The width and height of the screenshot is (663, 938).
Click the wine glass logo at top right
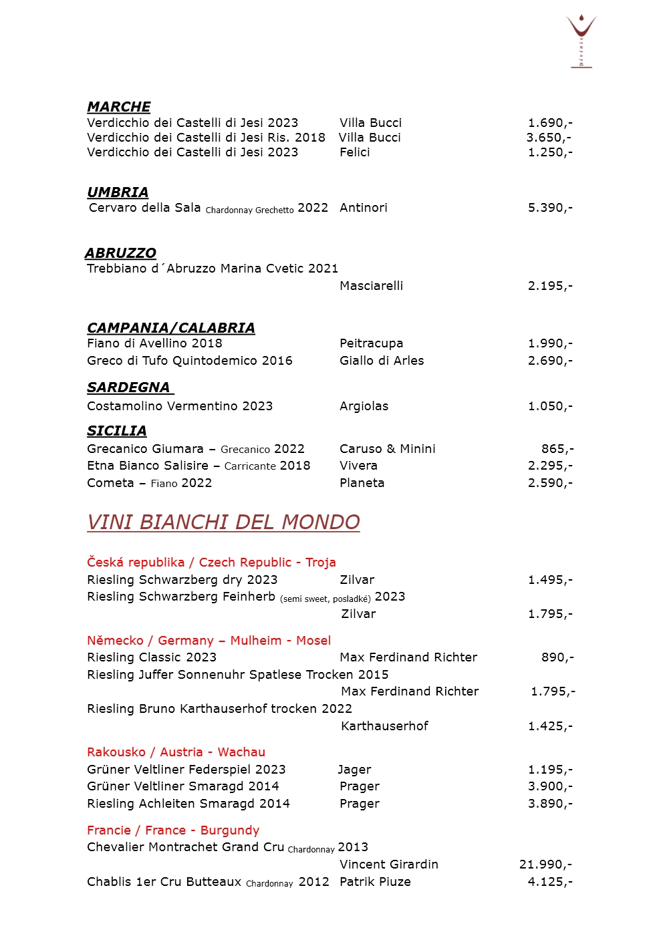click(581, 40)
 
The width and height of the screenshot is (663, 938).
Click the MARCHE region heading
click(119, 107)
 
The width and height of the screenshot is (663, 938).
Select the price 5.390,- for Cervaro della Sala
click(550, 208)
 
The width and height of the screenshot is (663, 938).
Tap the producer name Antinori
click(364, 208)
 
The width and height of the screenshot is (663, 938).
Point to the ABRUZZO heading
click(120, 253)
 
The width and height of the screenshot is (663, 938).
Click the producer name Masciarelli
click(372, 286)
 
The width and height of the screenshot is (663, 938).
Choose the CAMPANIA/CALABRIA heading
click(171, 328)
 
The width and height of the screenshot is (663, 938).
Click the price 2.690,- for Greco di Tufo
click(550, 361)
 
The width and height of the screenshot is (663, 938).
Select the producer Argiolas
click(364, 406)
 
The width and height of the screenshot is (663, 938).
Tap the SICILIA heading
click(117, 431)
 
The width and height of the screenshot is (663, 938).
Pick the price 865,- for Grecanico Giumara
click(557, 449)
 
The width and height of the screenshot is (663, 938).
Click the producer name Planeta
click(362, 483)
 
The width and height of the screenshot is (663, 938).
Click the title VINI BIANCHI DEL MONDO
click(223, 522)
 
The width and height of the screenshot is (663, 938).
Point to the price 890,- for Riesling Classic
click(557, 657)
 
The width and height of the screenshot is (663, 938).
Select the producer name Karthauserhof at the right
click(384, 726)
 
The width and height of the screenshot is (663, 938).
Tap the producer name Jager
click(354, 770)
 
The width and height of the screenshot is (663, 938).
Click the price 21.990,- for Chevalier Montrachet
click(545, 865)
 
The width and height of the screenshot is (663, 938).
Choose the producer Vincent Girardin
click(389, 865)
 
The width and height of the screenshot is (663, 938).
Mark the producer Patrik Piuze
click(376, 882)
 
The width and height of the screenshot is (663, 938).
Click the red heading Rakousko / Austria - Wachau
click(176, 752)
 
